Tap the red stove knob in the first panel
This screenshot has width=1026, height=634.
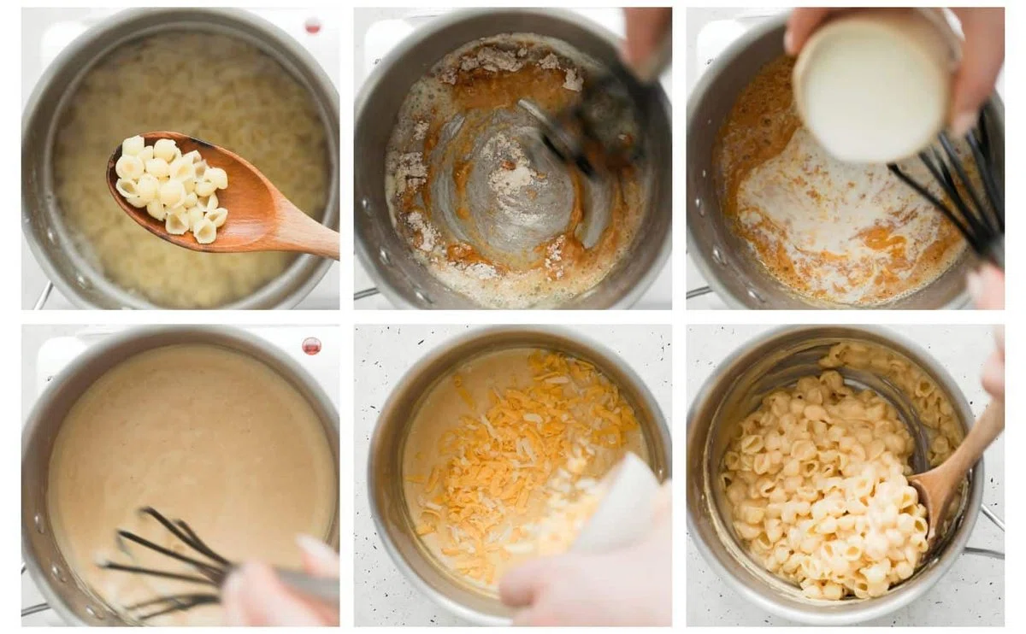(313, 26)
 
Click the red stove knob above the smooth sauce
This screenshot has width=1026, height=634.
(311, 346)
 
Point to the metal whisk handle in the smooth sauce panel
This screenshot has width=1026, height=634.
(308, 585)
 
